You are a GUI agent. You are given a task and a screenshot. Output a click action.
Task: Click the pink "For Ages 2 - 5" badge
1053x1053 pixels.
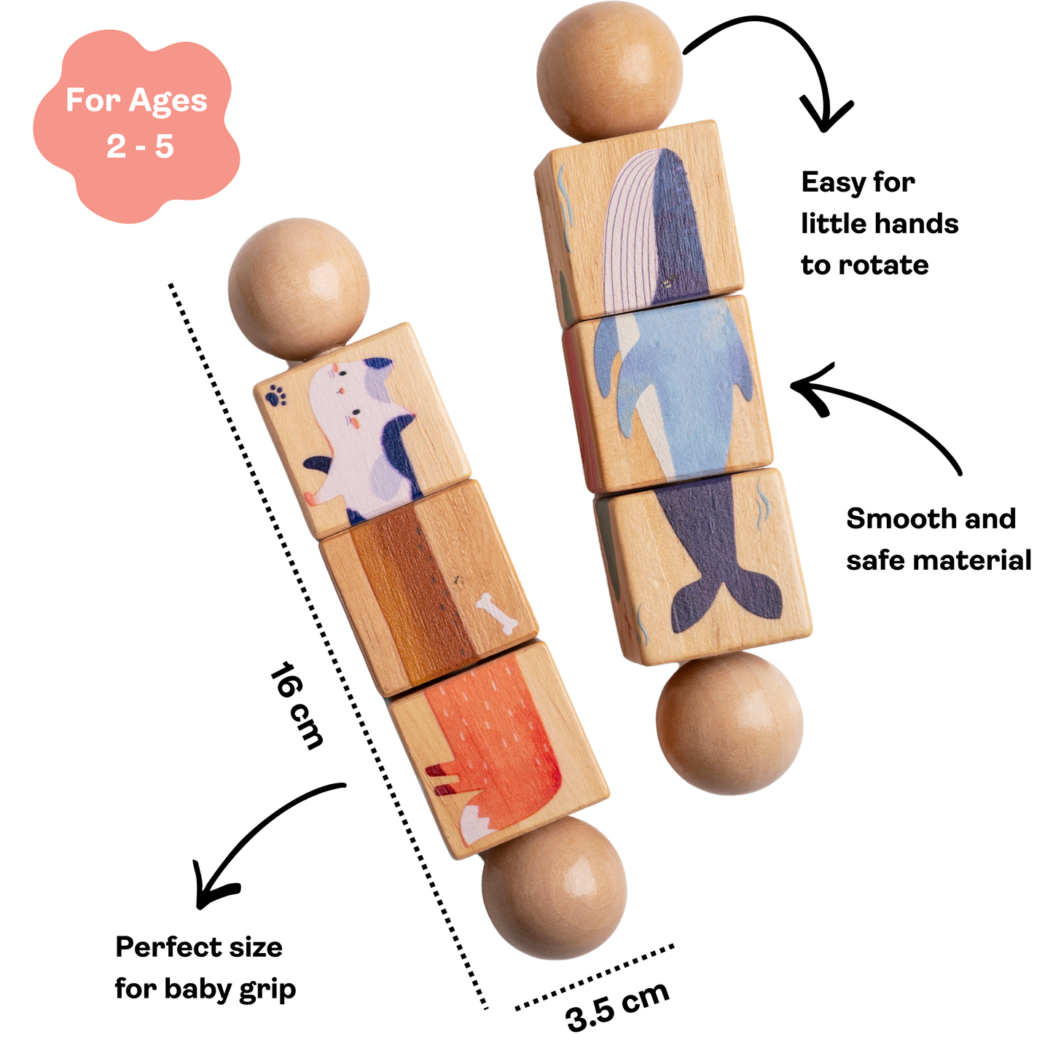(x=136, y=124)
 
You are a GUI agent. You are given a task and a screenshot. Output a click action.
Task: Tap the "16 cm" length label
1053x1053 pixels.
(x=295, y=705)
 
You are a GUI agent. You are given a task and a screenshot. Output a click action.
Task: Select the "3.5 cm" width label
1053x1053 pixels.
(x=616, y=1005)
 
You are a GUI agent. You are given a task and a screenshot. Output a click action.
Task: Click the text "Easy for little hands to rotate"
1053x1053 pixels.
(x=878, y=224)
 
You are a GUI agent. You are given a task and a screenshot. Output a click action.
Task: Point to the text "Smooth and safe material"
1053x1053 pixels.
(x=938, y=539)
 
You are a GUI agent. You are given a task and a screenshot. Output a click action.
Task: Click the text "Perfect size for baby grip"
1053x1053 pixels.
(x=205, y=968)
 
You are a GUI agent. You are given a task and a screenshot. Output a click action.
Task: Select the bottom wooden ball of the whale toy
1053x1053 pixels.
(x=729, y=723)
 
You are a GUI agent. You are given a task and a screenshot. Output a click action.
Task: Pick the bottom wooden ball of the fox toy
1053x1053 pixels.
(x=554, y=887)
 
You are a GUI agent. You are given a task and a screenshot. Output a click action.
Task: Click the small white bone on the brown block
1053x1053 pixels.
(x=497, y=613)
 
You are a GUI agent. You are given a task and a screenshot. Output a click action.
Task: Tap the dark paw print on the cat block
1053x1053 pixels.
(x=275, y=396)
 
